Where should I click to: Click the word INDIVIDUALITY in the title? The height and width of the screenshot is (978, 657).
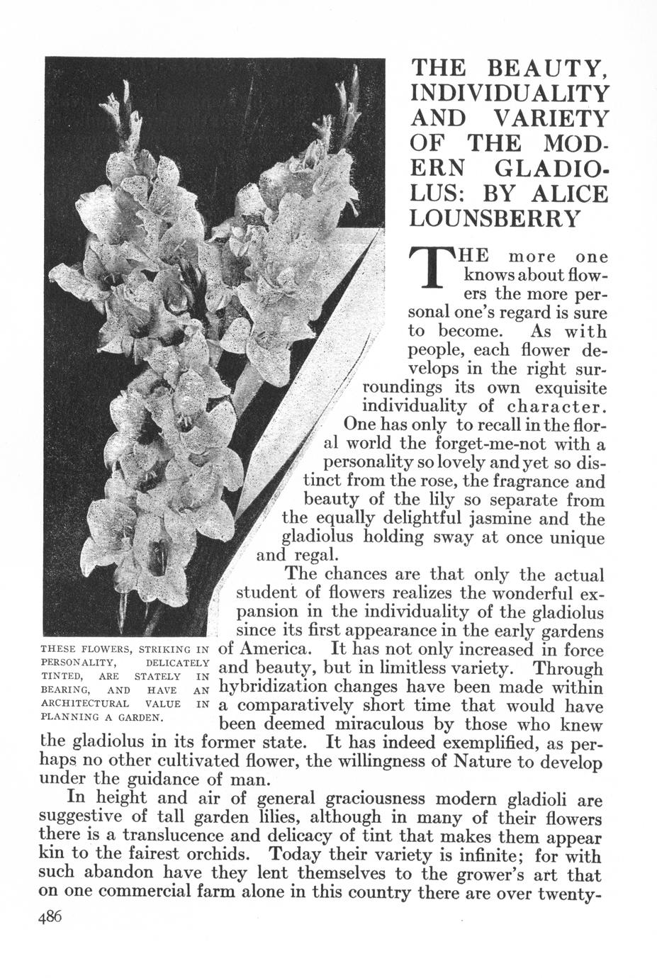pyautogui.click(x=509, y=93)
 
